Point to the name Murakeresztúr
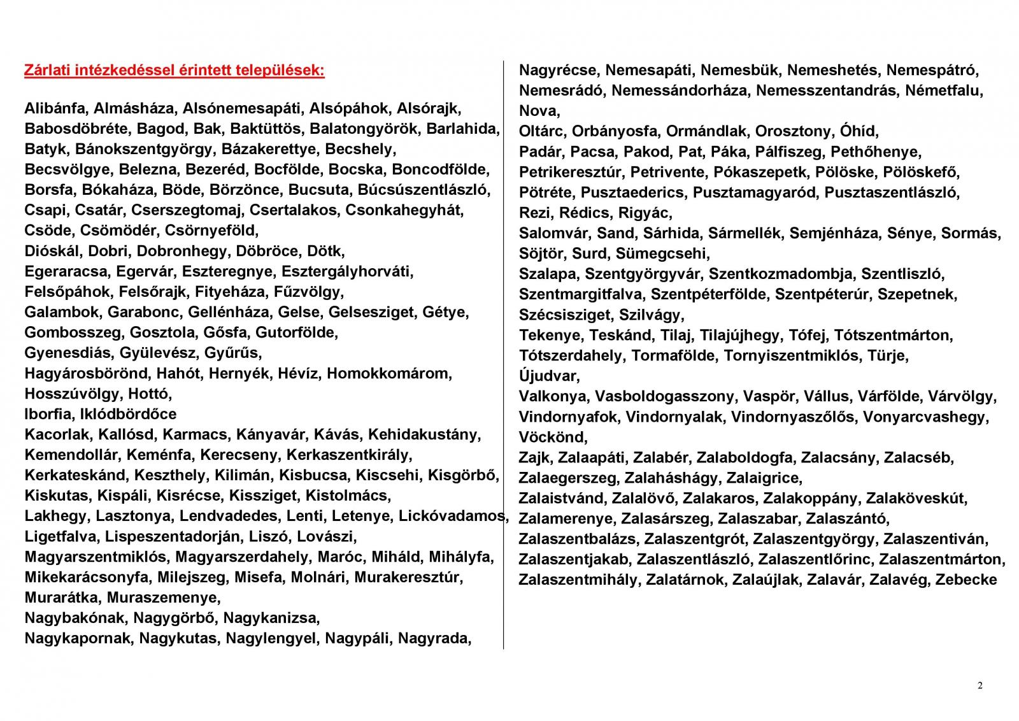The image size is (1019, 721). tap(408, 578)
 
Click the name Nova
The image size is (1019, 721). tap(538, 111)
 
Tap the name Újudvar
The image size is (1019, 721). tap(548, 376)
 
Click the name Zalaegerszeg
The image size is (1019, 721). tap(567, 478)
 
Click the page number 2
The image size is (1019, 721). tap(980, 686)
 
